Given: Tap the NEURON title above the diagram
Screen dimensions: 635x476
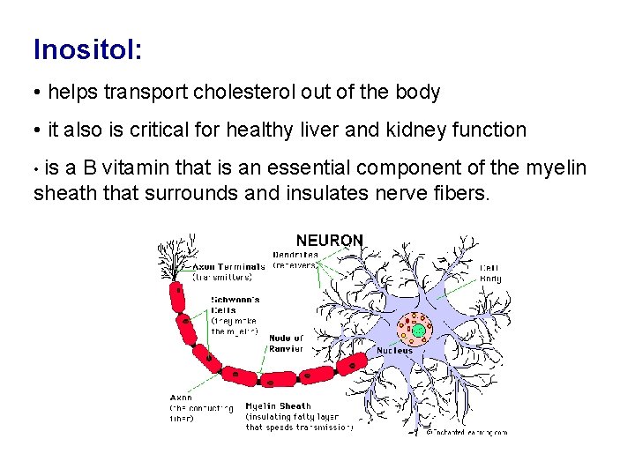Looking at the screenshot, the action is click(x=329, y=240).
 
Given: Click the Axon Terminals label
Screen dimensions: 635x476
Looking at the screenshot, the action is click(x=228, y=266).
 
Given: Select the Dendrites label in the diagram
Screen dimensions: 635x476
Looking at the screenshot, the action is click(x=295, y=255).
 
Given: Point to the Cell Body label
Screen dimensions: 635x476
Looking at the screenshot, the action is click(x=490, y=273).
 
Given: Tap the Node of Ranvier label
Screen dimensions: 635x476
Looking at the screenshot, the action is click(x=286, y=343).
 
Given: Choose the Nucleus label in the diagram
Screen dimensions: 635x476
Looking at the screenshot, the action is click(x=394, y=351).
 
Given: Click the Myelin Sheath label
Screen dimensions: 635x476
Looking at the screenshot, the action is click(x=278, y=406).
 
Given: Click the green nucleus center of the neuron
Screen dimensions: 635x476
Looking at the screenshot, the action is click(x=419, y=331).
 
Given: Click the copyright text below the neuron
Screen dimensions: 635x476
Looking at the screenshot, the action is click(x=467, y=432).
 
